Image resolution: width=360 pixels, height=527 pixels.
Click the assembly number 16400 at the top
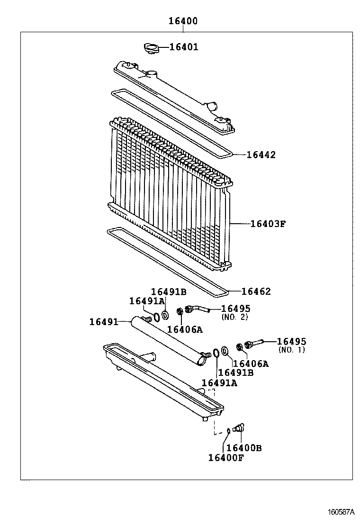pos(183,21)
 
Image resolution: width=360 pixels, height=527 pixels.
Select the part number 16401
pos(184,47)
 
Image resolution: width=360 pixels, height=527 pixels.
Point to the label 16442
pos(261,155)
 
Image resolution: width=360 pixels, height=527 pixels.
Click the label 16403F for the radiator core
pos(268,224)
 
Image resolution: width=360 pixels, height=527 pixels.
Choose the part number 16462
pos(256,291)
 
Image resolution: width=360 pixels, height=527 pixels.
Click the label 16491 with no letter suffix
pos(103,322)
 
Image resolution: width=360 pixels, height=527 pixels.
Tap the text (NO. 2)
pos(235,317)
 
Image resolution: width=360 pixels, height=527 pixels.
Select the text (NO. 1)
pos(291,350)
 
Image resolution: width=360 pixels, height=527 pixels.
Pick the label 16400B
pos(243,448)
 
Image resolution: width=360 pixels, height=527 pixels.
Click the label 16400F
pos(225,457)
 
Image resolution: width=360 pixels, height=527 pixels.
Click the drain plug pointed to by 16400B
pos(238,427)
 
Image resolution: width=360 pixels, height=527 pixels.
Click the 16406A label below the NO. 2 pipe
pos(185,329)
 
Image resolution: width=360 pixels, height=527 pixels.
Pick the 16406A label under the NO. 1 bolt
pos(251,363)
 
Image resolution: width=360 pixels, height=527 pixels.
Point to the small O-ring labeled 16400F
pos(228,430)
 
